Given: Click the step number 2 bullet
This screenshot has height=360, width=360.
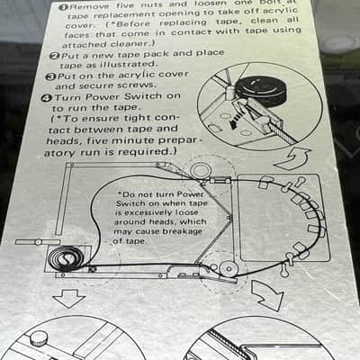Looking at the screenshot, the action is pos(54,56).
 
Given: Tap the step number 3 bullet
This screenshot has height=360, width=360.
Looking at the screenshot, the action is pos(50,76).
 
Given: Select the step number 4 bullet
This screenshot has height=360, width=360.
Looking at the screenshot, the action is pos(47,98).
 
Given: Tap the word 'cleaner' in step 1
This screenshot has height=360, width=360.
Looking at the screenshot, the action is pos(130,44).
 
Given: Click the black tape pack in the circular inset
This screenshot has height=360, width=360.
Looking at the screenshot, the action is pos(260,89).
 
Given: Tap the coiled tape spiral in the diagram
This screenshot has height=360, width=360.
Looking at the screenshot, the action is pos(66,257).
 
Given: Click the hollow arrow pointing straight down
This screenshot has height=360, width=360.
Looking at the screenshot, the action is pos(68,298).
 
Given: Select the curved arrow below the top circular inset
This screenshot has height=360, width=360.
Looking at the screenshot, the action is pos(293,158).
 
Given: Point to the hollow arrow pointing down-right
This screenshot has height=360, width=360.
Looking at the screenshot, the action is pos(267,294).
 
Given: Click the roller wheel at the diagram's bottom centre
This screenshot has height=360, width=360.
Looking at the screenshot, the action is pos(228,268).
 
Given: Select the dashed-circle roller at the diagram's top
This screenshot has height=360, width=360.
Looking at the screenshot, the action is pos(201,170).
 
